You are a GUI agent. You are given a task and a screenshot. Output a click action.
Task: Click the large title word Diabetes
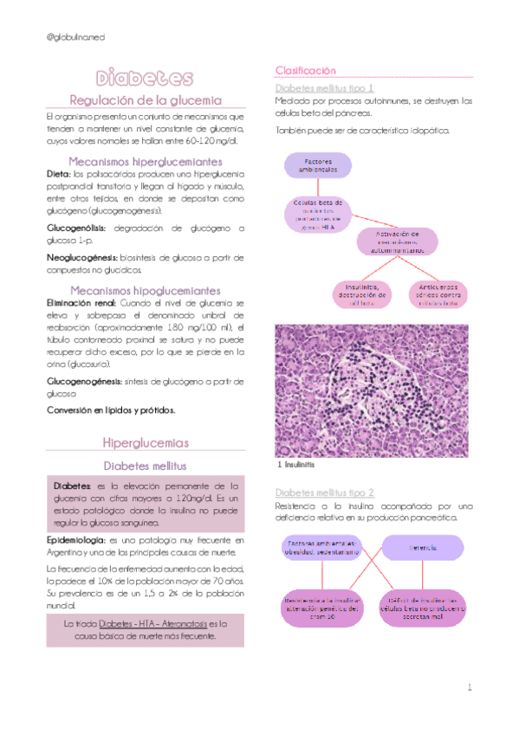coord(145,79)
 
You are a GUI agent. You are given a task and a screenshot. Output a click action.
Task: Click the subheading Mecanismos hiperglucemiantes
coord(145,161)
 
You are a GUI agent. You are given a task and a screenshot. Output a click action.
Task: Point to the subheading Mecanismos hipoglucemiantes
coord(145,291)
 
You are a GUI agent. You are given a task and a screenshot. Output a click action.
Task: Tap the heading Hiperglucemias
coord(145,442)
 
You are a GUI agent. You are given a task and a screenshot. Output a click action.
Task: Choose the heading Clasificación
coord(305,70)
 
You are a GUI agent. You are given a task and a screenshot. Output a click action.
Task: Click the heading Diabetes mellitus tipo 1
coord(324,88)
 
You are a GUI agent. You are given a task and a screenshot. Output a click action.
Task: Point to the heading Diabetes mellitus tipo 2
coord(324,492)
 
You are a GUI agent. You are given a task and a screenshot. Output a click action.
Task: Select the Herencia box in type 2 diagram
coord(423,547)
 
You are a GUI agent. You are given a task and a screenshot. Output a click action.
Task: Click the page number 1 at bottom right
coord(468,688)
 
